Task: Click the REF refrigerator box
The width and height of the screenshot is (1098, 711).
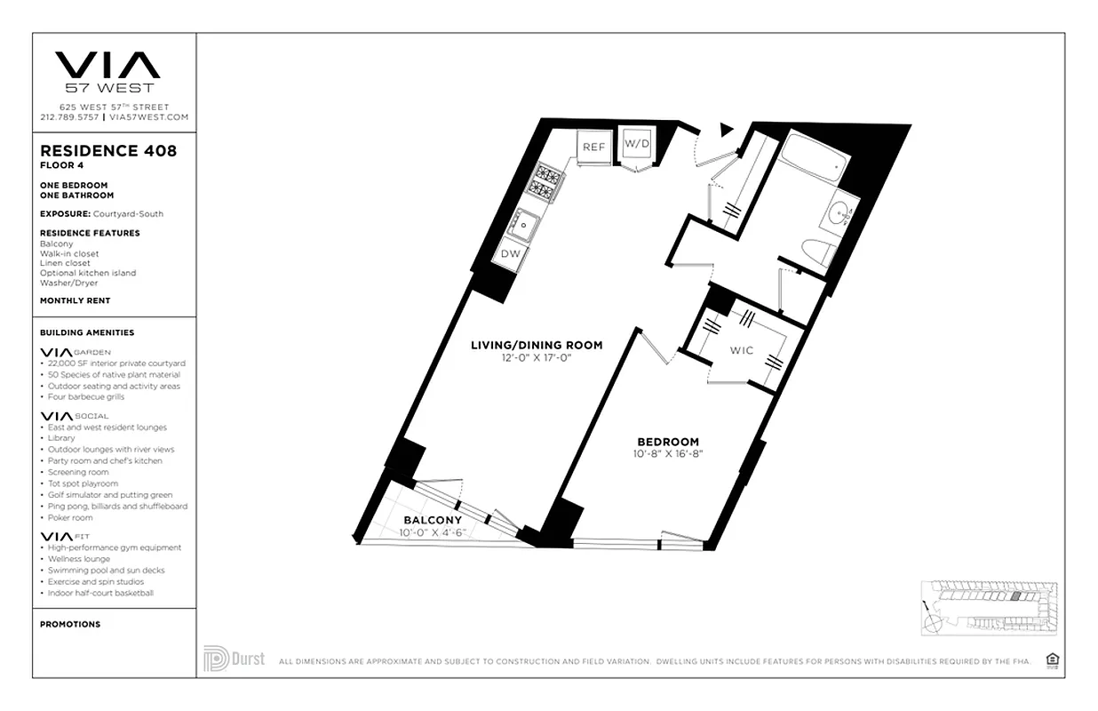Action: tap(593, 147)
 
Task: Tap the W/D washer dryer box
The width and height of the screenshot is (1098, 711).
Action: tap(635, 143)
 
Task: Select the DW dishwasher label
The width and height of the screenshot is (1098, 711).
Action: tap(511, 254)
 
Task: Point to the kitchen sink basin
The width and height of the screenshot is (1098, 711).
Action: tap(525, 224)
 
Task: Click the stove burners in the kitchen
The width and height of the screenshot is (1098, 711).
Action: tap(545, 183)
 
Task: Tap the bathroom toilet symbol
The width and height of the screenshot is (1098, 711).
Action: tap(816, 252)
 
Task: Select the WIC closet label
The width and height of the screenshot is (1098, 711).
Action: tap(742, 350)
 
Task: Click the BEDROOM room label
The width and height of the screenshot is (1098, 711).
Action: tap(668, 442)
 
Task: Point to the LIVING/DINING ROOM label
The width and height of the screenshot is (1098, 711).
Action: tap(537, 345)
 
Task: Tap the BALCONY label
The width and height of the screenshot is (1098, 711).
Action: tap(433, 520)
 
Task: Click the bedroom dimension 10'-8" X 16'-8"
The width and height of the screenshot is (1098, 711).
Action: tap(668, 454)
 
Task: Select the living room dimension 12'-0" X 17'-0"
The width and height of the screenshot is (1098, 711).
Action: tap(537, 357)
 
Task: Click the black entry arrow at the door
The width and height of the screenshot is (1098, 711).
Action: tap(727, 130)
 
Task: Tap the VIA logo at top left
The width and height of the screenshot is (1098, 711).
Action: tap(107, 67)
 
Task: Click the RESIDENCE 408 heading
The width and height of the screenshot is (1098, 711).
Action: tap(108, 150)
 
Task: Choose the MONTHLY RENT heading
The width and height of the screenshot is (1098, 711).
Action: tap(75, 300)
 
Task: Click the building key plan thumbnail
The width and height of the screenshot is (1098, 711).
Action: tap(987, 606)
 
